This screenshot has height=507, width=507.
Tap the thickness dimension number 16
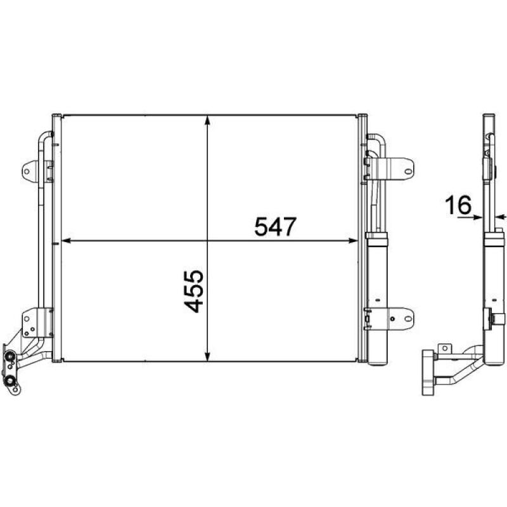[x=458, y=205]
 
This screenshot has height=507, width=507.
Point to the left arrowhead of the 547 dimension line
[x=63, y=241]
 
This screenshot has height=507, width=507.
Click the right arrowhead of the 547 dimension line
[x=354, y=241]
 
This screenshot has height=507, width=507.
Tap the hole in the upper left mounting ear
[x=28, y=169]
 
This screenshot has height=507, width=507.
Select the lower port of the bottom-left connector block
[x=12, y=381]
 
